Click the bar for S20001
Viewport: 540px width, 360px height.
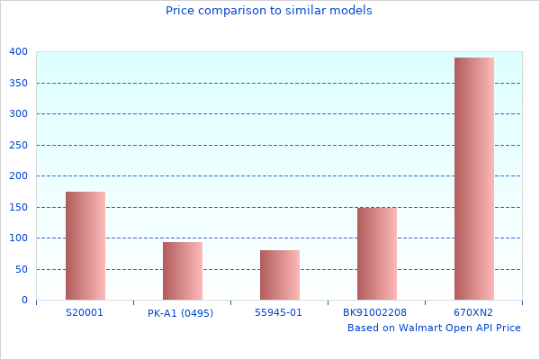85,246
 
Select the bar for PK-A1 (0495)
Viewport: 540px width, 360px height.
183,271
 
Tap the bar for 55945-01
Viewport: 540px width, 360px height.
280,275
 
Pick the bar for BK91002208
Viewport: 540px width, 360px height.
377,254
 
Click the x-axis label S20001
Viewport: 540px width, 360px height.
85,313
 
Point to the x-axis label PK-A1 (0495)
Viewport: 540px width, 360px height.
181,313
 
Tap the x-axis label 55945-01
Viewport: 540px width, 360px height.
279,313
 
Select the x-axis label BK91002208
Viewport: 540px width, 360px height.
374,313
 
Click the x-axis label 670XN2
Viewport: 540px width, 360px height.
473,313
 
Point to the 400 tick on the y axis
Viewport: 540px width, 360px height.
19,52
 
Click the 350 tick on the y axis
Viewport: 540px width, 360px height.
19,83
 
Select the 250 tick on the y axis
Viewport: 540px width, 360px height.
19,145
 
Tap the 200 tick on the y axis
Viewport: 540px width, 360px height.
19,176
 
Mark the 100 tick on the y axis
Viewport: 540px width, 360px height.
19,238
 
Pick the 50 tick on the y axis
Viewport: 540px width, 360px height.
22,269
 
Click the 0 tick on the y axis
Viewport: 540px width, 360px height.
24,301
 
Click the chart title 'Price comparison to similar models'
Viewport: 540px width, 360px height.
269,11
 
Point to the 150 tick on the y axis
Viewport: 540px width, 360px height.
19,207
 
